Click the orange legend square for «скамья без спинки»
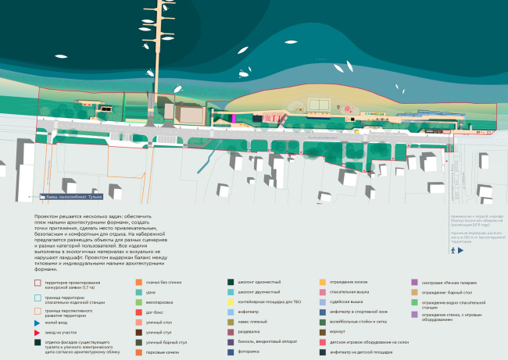139,282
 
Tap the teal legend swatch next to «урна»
139,292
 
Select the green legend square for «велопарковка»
139,302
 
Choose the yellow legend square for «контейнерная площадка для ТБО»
231,302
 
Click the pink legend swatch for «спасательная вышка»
323,292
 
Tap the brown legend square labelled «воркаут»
323,332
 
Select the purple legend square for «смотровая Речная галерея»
414,282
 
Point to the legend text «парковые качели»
163,352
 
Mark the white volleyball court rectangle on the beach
317,105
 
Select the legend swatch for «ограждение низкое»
323,282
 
